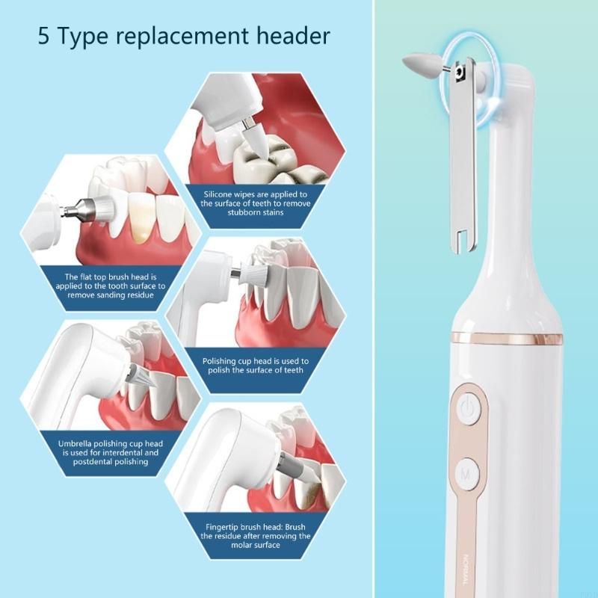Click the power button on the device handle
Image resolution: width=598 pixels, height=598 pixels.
[x=468, y=408]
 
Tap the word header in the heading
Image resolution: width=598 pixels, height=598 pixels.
[x=296, y=36]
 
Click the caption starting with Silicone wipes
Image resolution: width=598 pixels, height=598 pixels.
[x=256, y=203]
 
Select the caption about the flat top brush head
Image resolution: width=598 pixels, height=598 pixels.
[x=110, y=286]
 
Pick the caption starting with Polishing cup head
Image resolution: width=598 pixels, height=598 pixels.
[x=256, y=366]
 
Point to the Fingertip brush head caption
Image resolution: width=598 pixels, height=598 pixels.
[x=256, y=536]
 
